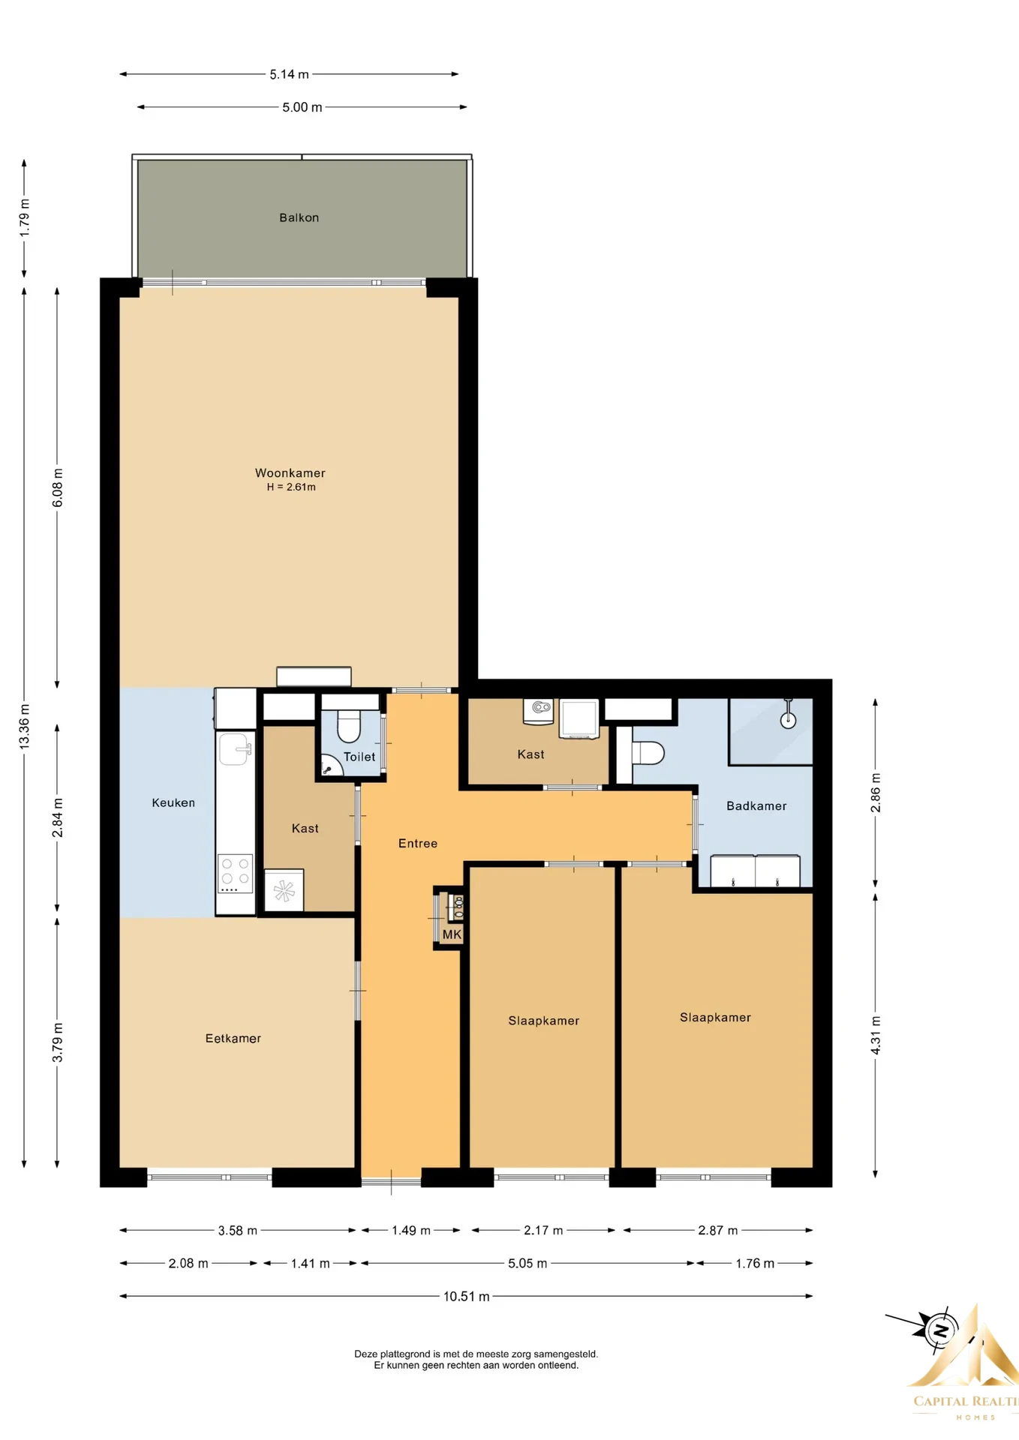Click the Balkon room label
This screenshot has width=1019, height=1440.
(x=299, y=217)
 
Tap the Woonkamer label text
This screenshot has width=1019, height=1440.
(x=290, y=472)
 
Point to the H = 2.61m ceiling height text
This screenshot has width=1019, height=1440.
(x=291, y=487)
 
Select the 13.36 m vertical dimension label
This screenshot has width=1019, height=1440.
(x=24, y=726)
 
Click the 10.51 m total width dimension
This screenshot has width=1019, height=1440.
(x=466, y=1296)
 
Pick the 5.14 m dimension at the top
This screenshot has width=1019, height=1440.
(x=289, y=74)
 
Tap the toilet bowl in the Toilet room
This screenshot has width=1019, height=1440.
(x=349, y=725)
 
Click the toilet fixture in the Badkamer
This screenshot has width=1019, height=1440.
(x=648, y=752)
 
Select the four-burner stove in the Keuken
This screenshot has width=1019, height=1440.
(x=236, y=873)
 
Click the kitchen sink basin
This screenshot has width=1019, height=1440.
(x=235, y=748)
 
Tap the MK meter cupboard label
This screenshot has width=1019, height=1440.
(x=452, y=934)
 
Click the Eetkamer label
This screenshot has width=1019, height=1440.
(x=233, y=1038)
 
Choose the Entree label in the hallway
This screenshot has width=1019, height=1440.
(x=418, y=843)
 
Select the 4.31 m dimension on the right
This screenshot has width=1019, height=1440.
(x=875, y=1035)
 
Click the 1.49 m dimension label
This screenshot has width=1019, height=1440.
(x=410, y=1230)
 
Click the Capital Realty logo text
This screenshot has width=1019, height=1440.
(x=965, y=1401)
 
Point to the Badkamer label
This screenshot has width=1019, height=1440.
(x=756, y=805)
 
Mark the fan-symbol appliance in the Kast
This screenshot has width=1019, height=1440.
(x=284, y=890)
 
